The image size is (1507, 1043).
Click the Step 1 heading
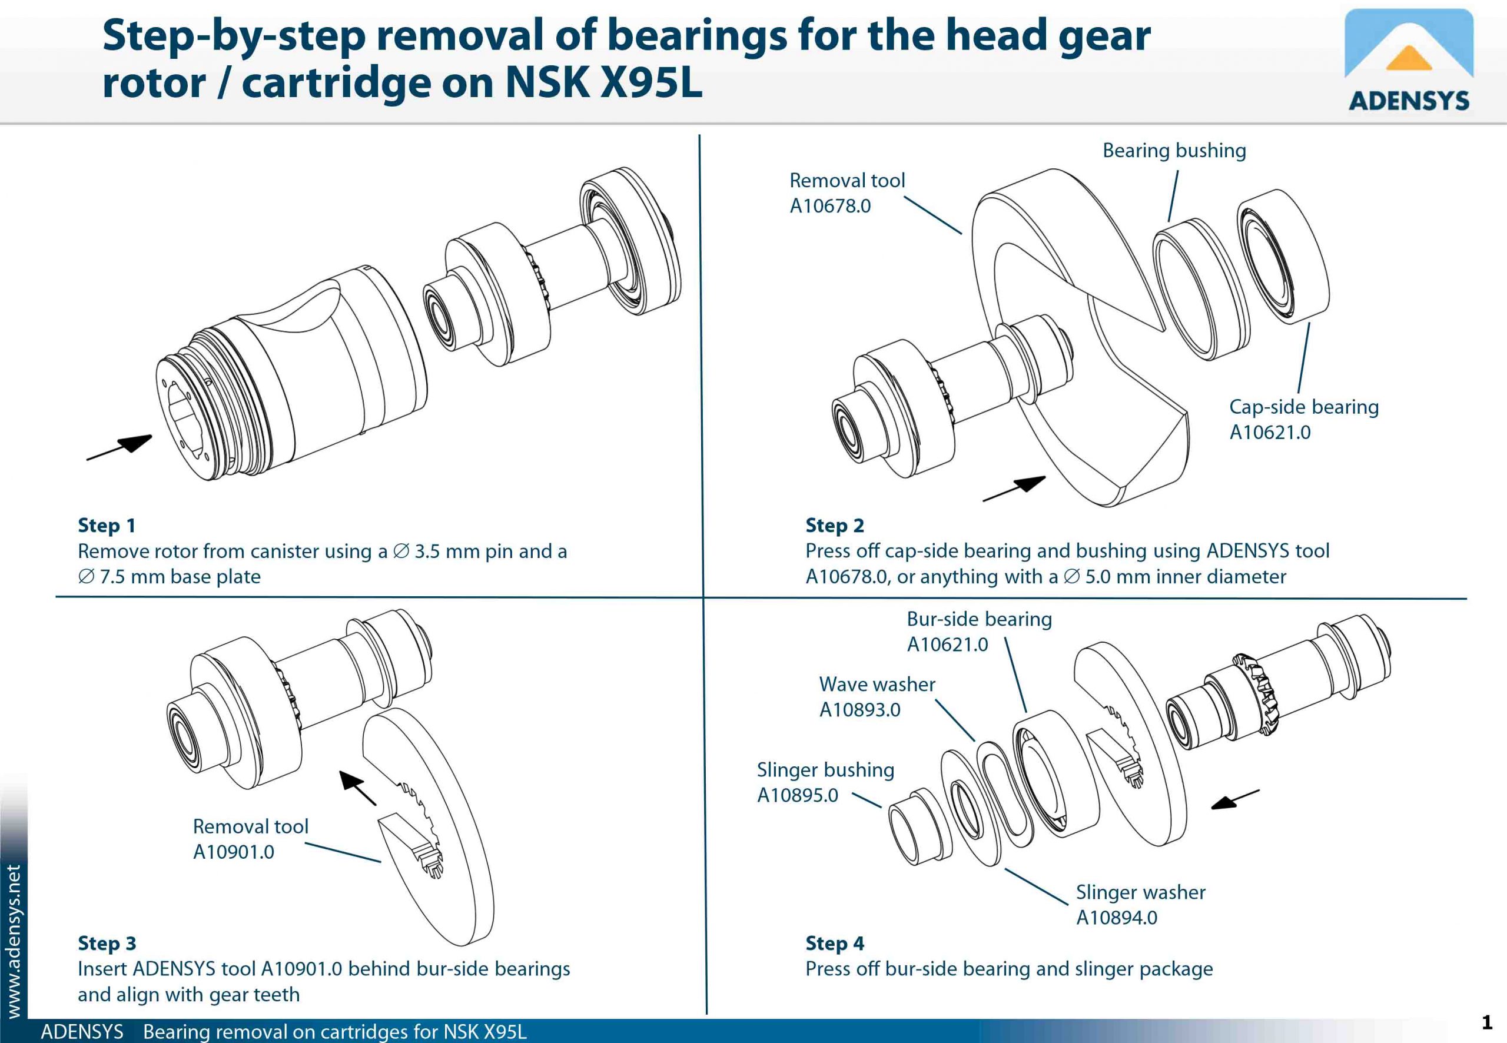pyautogui.click(x=107, y=526)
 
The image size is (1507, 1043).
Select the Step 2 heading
pyautogui.click(x=835, y=526)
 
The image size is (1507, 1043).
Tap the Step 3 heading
pyautogui.click(x=107, y=943)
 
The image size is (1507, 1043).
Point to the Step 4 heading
pyautogui.click(x=835, y=943)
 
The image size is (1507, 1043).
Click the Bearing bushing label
pyautogui.click(x=1174, y=151)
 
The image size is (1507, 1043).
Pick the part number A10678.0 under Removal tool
pyautogui.click(x=830, y=206)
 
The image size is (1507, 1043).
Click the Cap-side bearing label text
pyautogui.click(x=1304, y=407)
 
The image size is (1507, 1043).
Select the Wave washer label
pyautogui.click(x=877, y=684)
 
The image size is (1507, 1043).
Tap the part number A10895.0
pyautogui.click(x=797, y=795)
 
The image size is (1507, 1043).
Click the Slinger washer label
pyautogui.click(x=1140, y=892)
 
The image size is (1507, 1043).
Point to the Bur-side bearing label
pyautogui.click(x=979, y=619)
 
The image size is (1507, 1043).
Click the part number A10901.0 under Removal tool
pyautogui.click(x=233, y=852)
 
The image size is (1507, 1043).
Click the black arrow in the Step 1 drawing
pyautogui.click(x=120, y=448)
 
